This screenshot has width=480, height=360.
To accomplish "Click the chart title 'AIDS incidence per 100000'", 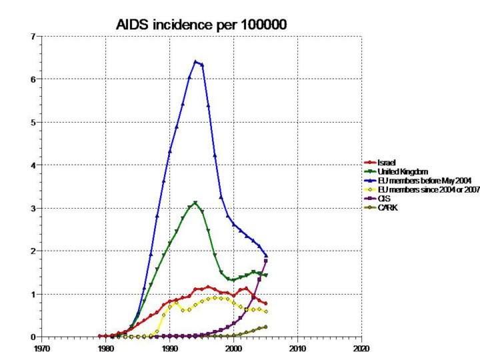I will (202, 25).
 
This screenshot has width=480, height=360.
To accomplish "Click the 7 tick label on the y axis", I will (32, 36).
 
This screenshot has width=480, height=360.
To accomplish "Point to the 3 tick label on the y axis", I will (32, 208).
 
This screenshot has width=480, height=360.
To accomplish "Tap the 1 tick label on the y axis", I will (32, 294).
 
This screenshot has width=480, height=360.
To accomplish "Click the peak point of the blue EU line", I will (195, 62).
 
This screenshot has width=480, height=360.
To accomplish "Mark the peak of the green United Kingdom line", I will (195, 203).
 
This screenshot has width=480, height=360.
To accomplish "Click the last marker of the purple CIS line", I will (266, 261).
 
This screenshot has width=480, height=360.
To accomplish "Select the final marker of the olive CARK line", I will (266, 327).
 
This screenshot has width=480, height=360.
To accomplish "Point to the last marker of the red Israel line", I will (266, 303).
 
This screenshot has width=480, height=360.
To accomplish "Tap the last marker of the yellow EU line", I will (266, 311).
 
